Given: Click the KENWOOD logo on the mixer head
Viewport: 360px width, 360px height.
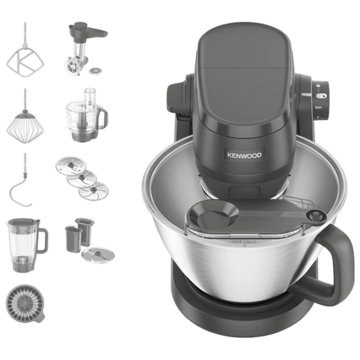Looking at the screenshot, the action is click(x=244, y=155).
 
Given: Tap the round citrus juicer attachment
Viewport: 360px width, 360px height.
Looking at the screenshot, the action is click(x=25, y=304).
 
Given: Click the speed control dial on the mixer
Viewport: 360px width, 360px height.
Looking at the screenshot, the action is click(x=321, y=100).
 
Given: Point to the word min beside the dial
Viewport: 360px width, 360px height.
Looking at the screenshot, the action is click(x=318, y=107).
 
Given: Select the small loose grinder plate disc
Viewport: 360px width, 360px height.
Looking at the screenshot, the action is click(x=94, y=71).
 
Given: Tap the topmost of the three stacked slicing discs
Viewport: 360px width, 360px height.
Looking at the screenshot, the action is click(x=71, y=165).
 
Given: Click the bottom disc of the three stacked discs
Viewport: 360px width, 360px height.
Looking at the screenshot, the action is click(x=94, y=190).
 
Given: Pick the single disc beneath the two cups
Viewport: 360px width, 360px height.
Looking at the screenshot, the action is click(x=98, y=255).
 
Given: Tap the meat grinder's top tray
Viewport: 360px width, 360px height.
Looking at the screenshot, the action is click(x=88, y=31).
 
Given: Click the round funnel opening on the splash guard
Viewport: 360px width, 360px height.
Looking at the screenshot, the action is click(x=213, y=217).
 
